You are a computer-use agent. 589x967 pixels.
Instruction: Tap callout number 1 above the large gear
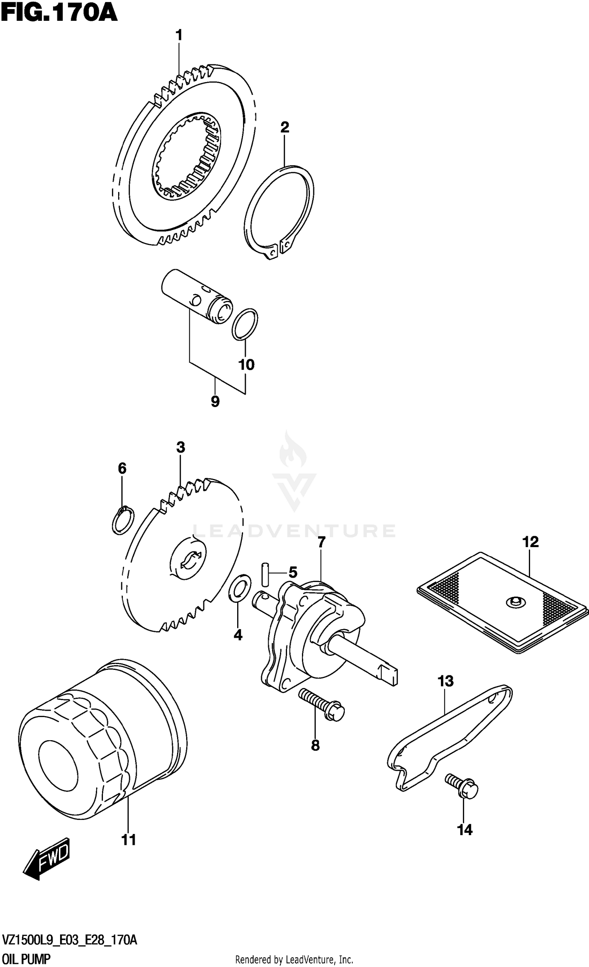point(179,36)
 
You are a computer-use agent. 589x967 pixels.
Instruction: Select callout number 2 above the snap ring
point(285,127)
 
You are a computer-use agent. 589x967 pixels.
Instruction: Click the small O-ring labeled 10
point(245,324)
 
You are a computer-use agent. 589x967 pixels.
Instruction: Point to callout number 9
point(215,401)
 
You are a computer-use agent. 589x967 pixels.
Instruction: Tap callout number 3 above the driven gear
point(180,447)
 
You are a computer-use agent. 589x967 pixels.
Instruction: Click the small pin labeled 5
point(265,573)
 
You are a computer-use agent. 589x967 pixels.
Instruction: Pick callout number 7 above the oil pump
point(321,542)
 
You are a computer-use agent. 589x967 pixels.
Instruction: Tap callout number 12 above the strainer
point(530,542)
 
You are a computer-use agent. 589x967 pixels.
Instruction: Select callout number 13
point(445,681)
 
